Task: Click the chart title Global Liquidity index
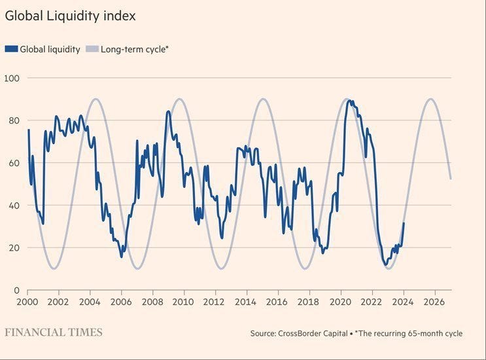pos(71,16)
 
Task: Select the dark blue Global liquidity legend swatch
pos(11,49)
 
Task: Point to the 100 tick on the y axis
pos(12,79)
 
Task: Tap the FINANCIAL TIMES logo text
pos(54,333)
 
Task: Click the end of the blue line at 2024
pos(404,223)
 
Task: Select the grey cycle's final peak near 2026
pos(430,99)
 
